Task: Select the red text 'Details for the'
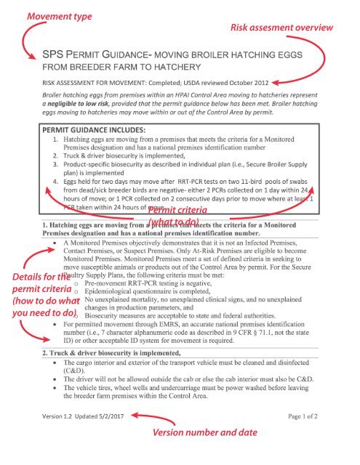tap(35, 277)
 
